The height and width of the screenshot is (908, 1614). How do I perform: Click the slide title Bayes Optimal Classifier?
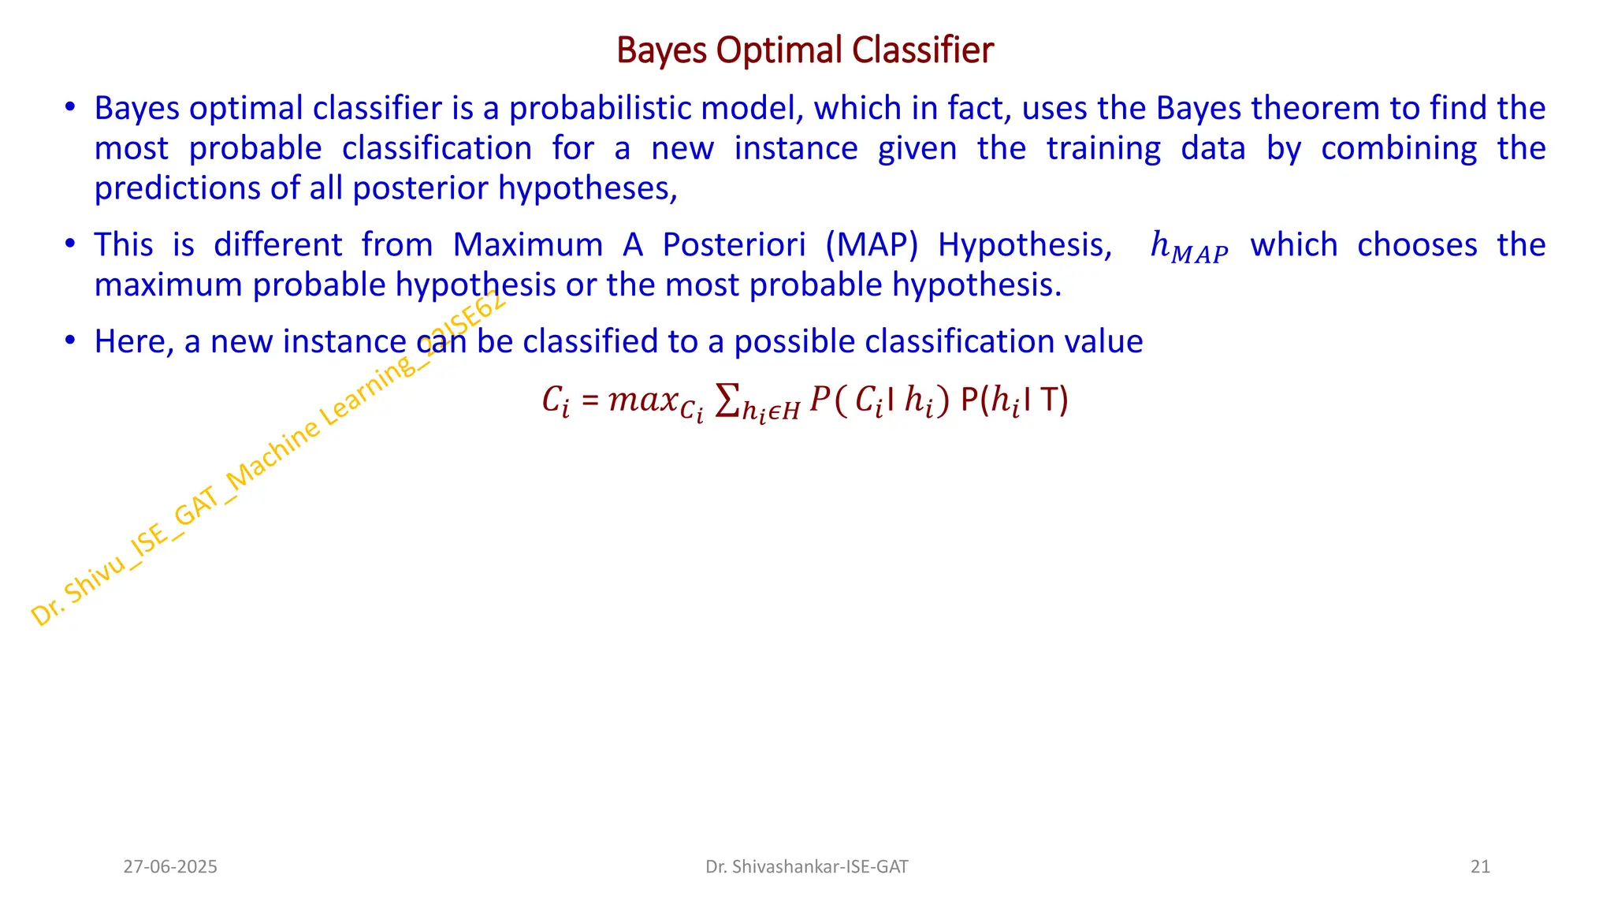point(805,50)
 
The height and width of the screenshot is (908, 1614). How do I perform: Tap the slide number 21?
point(1480,867)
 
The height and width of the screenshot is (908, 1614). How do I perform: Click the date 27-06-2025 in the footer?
point(170,867)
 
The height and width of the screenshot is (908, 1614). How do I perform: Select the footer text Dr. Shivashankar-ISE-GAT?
point(806,867)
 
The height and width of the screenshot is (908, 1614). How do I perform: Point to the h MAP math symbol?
point(1188,247)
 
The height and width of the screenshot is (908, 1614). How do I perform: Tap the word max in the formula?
point(644,400)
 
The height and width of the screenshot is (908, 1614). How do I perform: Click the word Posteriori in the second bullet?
point(734,245)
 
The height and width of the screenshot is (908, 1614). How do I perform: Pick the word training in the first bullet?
point(1103,148)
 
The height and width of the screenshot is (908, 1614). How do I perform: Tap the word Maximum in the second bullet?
point(527,245)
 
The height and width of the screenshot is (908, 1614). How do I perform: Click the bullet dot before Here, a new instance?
point(70,340)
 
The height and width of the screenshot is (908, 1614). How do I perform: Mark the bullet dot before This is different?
point(70,244)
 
